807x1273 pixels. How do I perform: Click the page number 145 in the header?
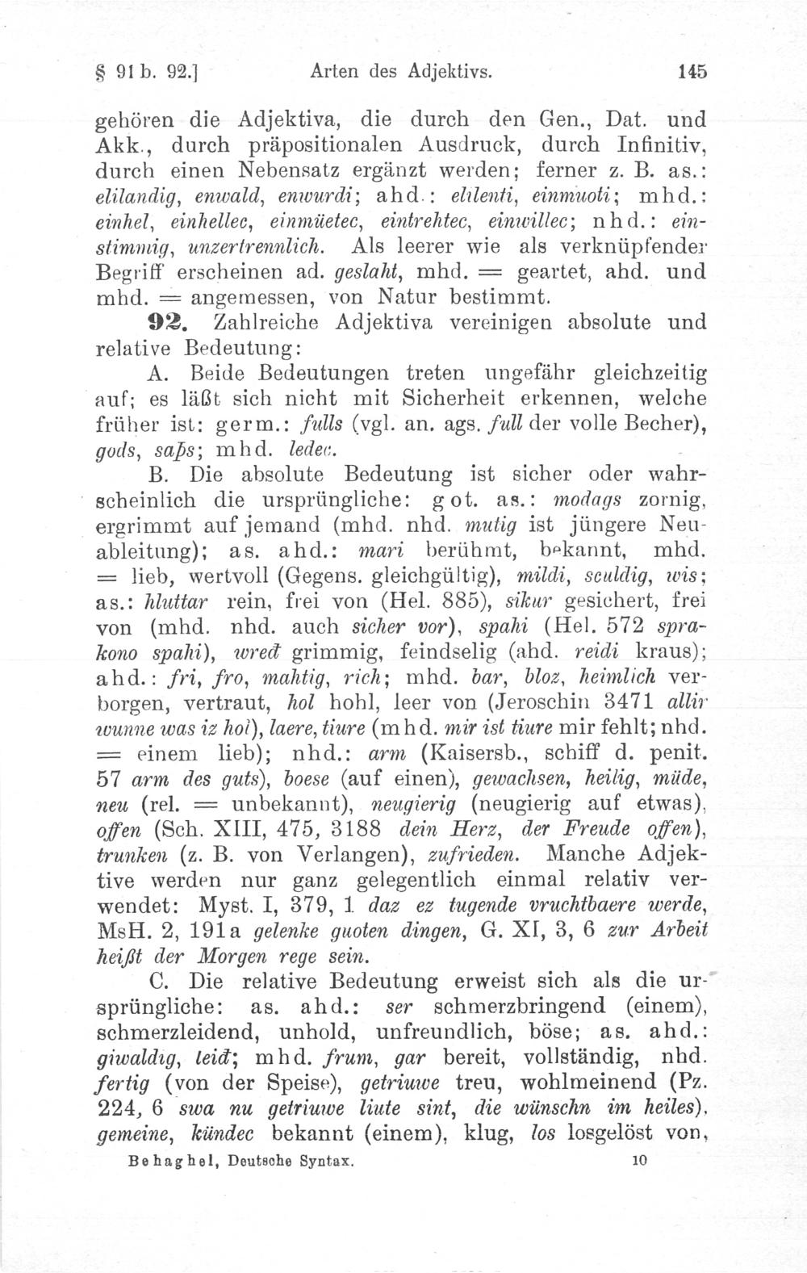click(692, 71)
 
